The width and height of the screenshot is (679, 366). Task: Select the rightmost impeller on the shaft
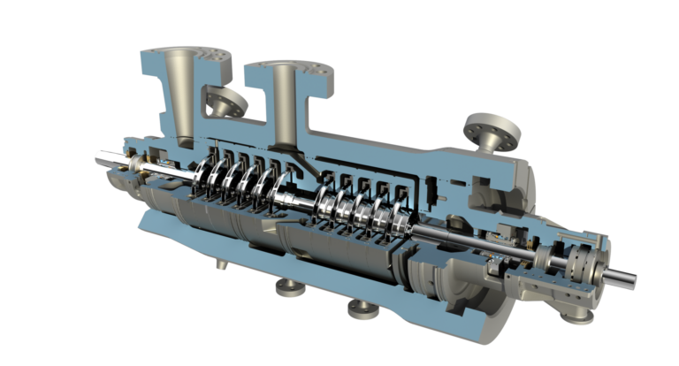pyautogui.click(x=398, y=220)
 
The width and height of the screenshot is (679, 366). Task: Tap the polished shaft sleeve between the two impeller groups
pyautogui.click(x=304, y=202)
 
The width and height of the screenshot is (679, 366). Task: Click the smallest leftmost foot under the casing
pyautogui.click(x=220, y=263)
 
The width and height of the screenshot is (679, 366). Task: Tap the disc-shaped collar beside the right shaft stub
pyautogui.click(x=582, y=263)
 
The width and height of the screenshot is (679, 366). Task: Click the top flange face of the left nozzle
pyautogui.click(x=181, y=53)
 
